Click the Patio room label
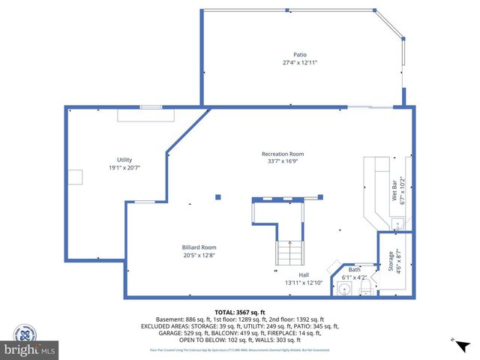(x=299, y=55)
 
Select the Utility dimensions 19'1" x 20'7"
(x=124, y=168)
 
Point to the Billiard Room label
(x=199, y=247)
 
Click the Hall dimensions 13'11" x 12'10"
(x=303, y=283)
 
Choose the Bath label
(x=354, y=269)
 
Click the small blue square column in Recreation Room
(x=218, y=197)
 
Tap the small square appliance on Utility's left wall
(x=76, y=176)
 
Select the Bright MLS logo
(x=30, y=349)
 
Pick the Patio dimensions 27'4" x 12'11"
(x=299, y=63)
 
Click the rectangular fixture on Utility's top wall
(x=146, y=115)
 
